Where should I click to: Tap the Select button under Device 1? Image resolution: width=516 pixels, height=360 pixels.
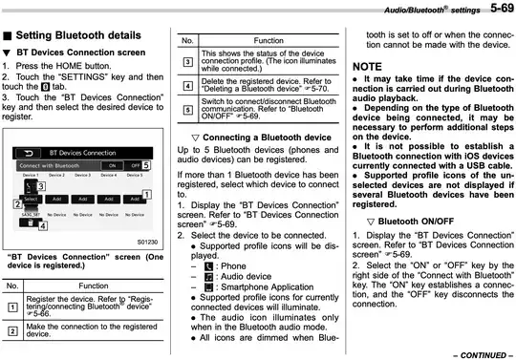point(31,200)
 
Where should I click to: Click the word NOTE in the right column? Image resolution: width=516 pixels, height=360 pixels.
point(367,66)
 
